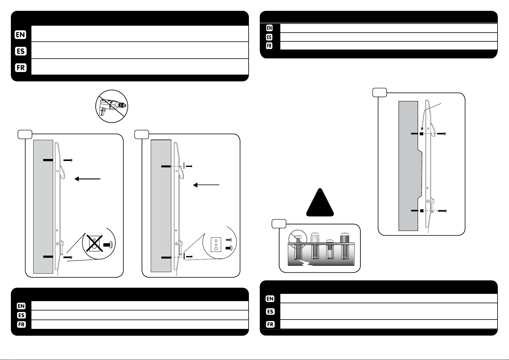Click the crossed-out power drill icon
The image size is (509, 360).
coord(111,106)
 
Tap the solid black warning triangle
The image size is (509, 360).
coord(320,203)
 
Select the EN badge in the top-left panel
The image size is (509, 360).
coord(20,35)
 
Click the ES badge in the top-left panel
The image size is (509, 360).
coord(21,51)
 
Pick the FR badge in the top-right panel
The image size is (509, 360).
coord(269,46)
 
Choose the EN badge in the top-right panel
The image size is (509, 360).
coord(269,28)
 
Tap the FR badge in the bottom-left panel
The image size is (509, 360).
coord(21,325)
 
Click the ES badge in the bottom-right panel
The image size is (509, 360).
coord(270,311)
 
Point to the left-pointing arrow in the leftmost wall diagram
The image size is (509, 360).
coord(88,179)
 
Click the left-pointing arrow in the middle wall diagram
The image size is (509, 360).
coord(206,185)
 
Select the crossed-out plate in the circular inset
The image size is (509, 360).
coord(94,243)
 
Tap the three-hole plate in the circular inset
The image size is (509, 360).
coord(216,245)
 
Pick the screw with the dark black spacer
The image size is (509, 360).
coord(345,245)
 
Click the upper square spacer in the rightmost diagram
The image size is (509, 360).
coord(421,134)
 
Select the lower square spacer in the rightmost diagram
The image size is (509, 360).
coord(422,211)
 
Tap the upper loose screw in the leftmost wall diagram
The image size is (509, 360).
coord(68,160)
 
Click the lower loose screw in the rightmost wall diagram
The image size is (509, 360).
coord(442,211)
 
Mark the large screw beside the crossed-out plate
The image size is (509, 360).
coord(108,245)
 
